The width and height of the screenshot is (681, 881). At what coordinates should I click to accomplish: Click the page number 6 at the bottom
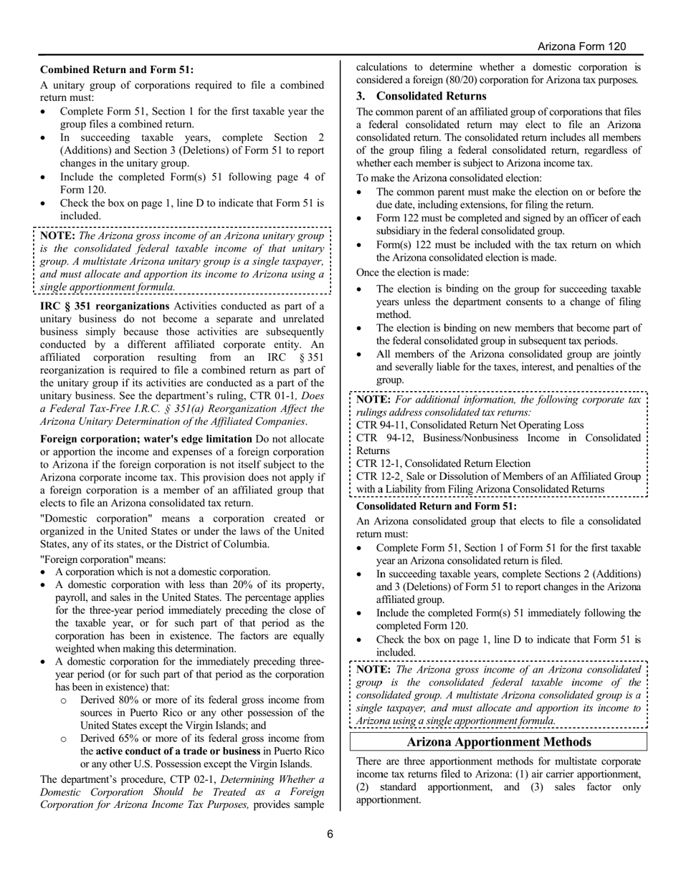click(x=330, y=834)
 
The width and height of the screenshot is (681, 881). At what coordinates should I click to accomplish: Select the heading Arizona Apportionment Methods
click(x=498, y=742)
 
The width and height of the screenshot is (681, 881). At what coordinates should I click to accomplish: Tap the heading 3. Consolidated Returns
click(x=422, y=96)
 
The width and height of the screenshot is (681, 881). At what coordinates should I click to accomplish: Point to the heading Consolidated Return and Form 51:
click(x=436, y=506)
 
